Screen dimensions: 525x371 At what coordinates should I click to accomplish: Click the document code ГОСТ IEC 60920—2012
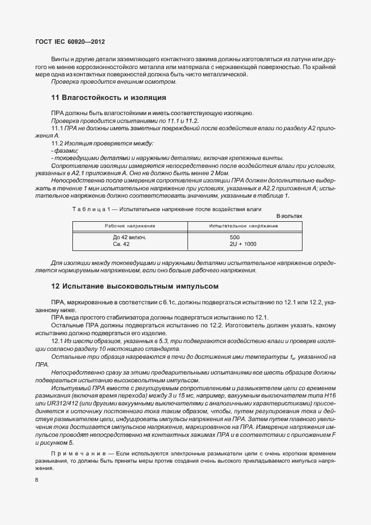pos(70,42)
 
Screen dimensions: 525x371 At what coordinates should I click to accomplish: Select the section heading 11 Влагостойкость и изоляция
pos(108,97)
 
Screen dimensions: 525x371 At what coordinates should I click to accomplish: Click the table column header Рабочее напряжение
pos(130,225)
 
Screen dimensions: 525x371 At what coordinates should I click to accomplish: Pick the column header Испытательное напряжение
pos(243,225)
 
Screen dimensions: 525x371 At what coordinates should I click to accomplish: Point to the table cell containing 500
pos(235,238)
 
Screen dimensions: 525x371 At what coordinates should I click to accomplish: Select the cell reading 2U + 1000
pos(242,244)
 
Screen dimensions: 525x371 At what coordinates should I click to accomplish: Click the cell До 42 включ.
pos(129,238)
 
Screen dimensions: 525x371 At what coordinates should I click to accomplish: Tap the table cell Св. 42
pos(121,244)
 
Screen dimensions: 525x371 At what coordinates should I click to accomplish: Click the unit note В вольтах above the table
pos(289,216)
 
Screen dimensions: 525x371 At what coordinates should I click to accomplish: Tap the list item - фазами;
pos(65,151)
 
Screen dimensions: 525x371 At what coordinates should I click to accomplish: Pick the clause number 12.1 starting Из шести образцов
pos(57,341)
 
